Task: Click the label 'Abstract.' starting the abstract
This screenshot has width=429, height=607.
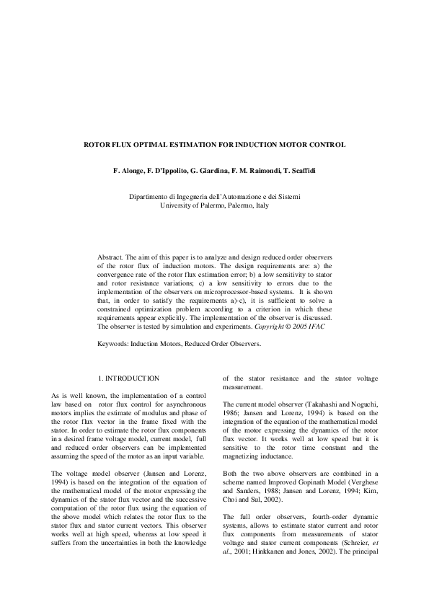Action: [112, 257]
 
